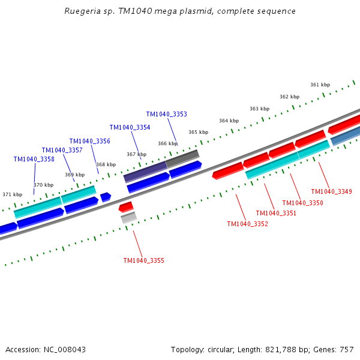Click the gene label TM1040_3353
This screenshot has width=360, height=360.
point(167,114)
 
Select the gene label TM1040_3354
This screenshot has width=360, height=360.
point(130,127)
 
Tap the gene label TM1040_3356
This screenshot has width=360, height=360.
point(89,141)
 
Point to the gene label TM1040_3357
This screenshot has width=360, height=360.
point(62,150)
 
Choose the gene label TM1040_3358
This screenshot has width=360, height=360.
point(34,159)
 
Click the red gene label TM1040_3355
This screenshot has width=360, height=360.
point(143,260)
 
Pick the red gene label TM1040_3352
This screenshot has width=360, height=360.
point(247,224)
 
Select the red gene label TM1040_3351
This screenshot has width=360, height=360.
point(276,213)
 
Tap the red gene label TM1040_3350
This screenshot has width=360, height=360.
point(302,203)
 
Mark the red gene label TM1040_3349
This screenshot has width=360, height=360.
point(331,191)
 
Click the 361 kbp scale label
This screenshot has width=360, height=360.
point(320,85)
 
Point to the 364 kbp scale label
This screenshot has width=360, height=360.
point(229,121)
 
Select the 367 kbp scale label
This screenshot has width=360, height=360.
point(136,154)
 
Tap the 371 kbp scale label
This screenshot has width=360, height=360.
point(12,194)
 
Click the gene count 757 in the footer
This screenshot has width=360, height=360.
point(346,349)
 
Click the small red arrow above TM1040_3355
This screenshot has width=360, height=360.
point(126,207)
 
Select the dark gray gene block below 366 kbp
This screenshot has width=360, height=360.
point(182,158)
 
